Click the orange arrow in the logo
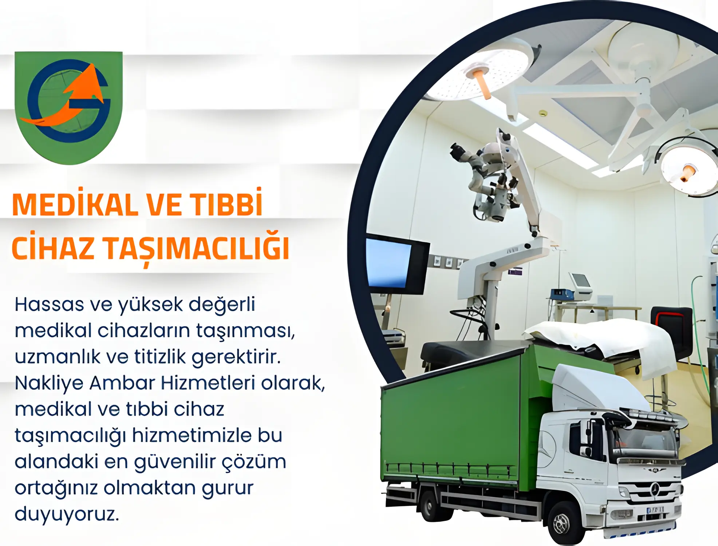click(x=73, y=98)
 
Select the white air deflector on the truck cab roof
click(x=597, y=389)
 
